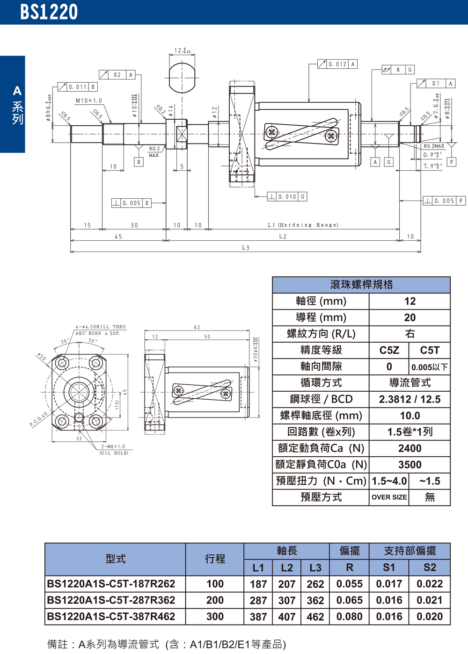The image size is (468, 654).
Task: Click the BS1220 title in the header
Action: (x=49, y=12)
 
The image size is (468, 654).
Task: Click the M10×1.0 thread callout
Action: (x=88, y=101)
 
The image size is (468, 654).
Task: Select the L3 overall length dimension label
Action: (x=246, y=248)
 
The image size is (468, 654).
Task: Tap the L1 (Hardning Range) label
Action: (x=303, y=225)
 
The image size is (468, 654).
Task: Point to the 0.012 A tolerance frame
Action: (x=337, y=64)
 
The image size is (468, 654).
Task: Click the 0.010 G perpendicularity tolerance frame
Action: (x=287, y=197)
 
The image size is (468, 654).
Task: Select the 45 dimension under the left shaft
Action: (x=118, y=237)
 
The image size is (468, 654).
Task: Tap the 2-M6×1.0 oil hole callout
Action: (x=113, y=446)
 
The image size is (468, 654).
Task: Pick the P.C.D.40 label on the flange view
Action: (x=39, y=419)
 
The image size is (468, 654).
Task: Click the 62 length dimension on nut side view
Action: (x=197, y=327)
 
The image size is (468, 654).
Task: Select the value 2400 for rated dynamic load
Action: (x=409, y=448)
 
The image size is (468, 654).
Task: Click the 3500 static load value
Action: (x=409, y=465)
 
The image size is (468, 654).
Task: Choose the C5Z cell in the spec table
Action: (x=389, y=350)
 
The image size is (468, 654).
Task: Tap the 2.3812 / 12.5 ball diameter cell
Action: (x=409, y=399)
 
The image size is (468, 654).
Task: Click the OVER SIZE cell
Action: (x=389, y=497)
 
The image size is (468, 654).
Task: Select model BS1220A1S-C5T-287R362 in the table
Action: (x=111, y=600)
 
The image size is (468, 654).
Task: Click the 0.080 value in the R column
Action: (x=349, y=617)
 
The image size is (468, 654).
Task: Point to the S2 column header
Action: (x=429, y=568)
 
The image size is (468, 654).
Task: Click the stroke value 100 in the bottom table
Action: (x=215, y=584)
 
